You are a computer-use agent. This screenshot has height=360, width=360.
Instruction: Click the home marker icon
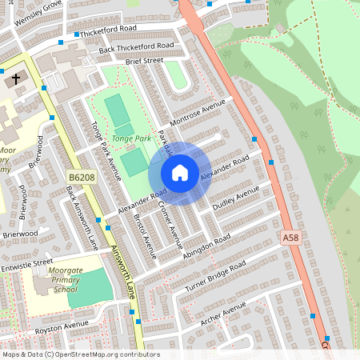180,172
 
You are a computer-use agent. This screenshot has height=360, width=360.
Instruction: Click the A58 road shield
293,238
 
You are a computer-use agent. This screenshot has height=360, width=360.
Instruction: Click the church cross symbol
15,80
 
